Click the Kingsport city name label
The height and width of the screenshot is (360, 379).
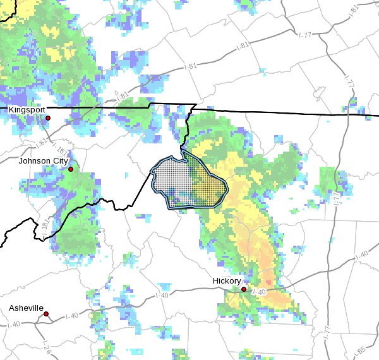click(27, 109)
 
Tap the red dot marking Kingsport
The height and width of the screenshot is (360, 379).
click(48, 118)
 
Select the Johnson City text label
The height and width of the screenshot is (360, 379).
click(43, 160)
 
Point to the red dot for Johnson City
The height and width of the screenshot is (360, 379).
click(71, 169)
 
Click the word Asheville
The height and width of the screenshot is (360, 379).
click(27, 308)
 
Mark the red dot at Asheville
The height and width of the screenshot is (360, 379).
click(46, 313)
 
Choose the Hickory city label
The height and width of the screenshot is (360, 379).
click(226, 280)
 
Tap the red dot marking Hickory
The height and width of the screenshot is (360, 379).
click(244, 289)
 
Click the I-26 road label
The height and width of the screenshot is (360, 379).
click(46, 345)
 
